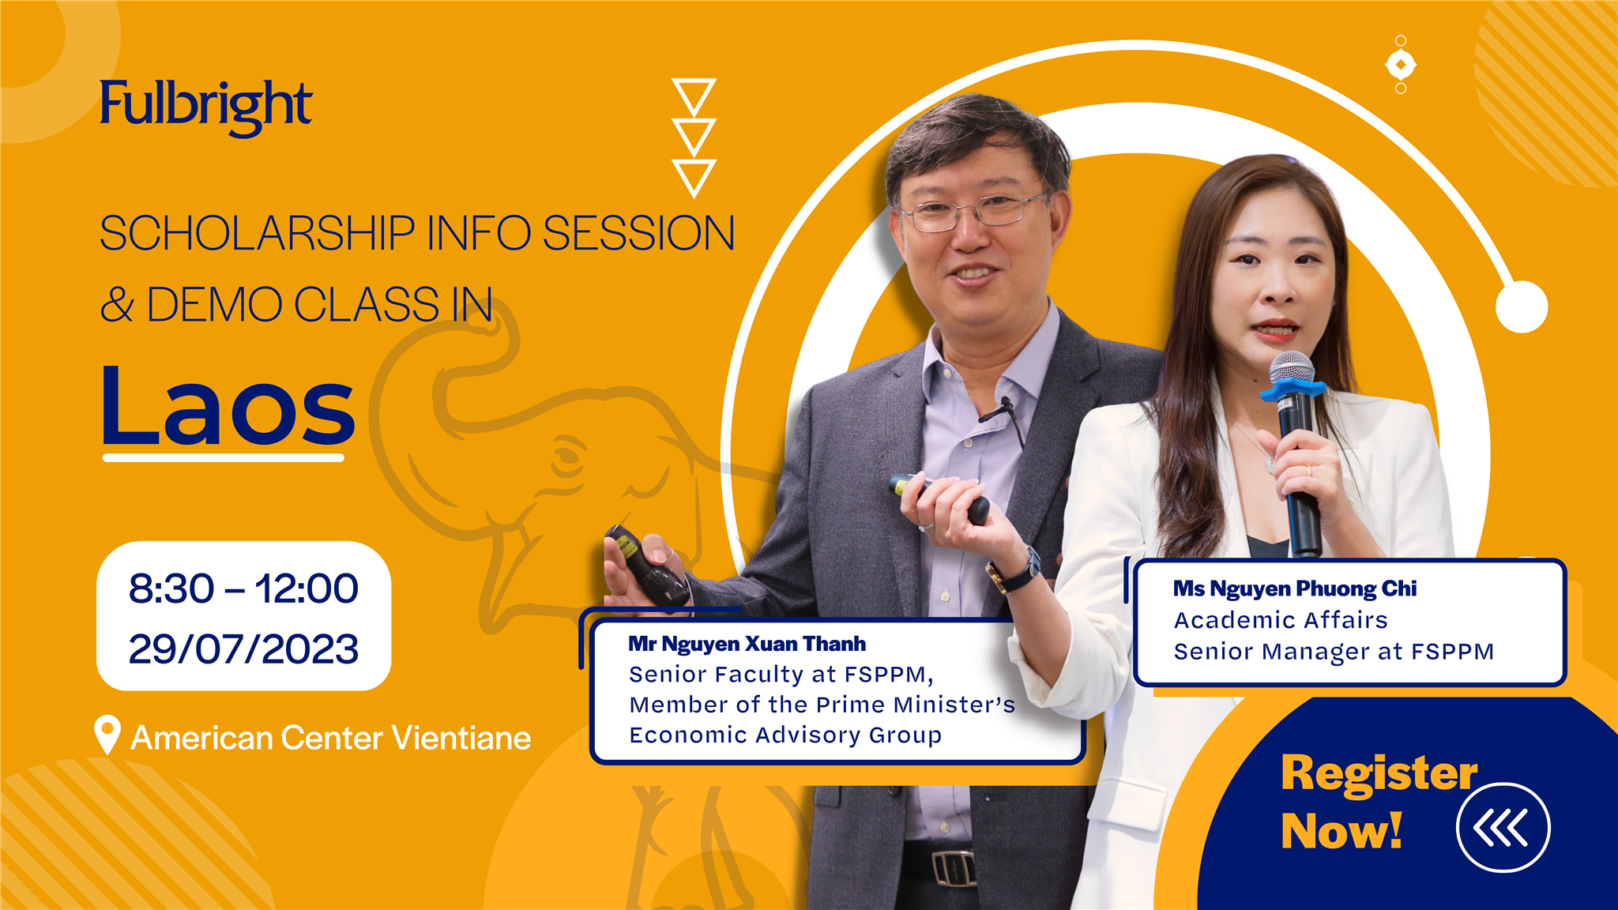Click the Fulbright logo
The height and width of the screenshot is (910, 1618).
pyautogui.click(x=206, y=107)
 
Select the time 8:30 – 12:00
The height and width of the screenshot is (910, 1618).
pyautogui.click(x=243, y=588)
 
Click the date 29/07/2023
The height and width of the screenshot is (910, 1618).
pyautogui.click(x=243, y=649)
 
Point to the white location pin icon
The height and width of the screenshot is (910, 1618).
pyautogui.click(x=107, y=735)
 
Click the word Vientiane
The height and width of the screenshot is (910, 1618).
pyautogui.click(x=461, y=738)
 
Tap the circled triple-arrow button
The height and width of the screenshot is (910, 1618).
pyautogui.click(x=1503, y=828)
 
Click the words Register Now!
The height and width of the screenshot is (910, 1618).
pyautogui.click(x=1379, y=802)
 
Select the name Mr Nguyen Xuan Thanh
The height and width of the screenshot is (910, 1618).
pyautogui.click(x=747, y=644)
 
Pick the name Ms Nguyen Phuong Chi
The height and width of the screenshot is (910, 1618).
pyautogui.click(x=1295, y=588)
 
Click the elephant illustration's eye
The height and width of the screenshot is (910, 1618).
pyautogui.click(x=568, y=457)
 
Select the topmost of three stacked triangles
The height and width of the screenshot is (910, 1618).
pyautogui.click(x=694, y=96)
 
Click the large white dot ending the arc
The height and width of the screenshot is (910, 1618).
pyautogui.click(x=1522, y=306)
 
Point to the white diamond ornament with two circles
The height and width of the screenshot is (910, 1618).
pyautogui.click(x=1401, y=65)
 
